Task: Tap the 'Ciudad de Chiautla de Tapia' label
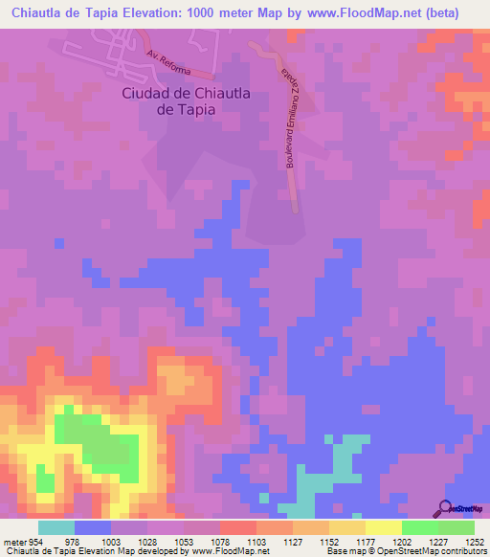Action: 168,101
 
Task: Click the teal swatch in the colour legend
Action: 56,527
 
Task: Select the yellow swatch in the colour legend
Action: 383,527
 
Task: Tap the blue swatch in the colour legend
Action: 93,527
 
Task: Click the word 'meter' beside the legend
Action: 12,541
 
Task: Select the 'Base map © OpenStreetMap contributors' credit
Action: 405,551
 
